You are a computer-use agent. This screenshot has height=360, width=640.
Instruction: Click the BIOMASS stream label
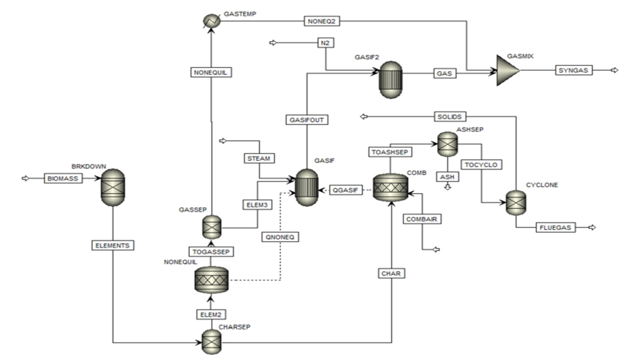coord(63,178)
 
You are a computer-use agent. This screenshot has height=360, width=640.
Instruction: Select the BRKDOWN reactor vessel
coord(113,187)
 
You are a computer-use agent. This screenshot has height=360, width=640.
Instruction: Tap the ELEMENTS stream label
coord(113,245)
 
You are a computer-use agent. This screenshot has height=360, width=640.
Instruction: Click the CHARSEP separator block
coord(210,342)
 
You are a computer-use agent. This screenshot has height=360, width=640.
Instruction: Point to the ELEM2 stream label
coord(210,314)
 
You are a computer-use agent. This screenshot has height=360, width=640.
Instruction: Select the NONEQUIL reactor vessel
coord(210,279)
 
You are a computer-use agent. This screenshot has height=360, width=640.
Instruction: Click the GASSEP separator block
coord(210,227)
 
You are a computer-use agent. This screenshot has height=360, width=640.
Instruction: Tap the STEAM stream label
coord(258,159)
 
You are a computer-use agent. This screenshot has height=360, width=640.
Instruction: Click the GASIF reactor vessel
coord(307,186)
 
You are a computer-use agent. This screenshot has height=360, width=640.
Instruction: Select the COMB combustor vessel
coord(390,188)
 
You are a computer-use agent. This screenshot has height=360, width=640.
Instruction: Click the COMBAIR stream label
coord(423,219)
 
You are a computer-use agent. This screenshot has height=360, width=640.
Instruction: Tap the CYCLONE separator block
coord(515,203)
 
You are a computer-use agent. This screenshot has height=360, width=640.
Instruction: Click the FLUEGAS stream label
coord(556,227)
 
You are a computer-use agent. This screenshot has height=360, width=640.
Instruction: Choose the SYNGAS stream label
coord(574,70)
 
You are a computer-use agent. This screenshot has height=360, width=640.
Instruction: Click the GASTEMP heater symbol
coord(210,20)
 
